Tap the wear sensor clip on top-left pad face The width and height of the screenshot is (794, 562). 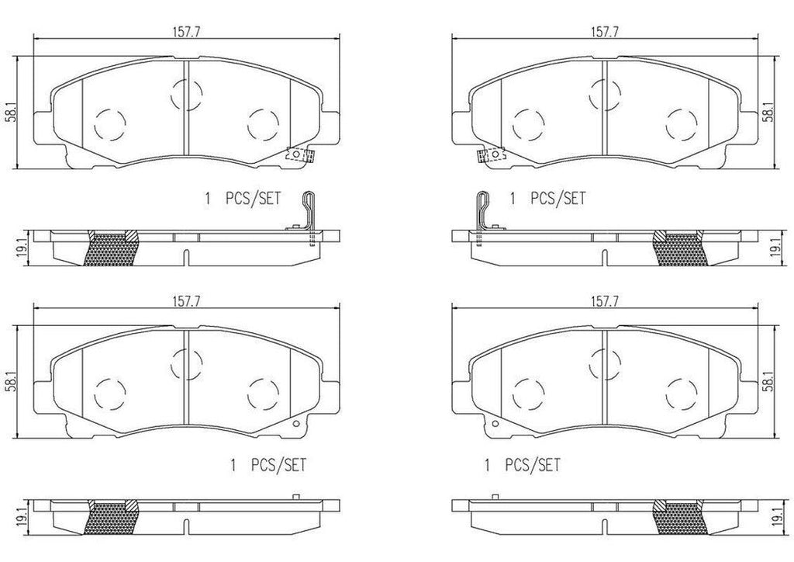299,154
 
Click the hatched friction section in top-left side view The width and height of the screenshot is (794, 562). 111,248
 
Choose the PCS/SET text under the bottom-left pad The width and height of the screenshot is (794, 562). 278,466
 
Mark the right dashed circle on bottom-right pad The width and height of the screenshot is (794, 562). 682,391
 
